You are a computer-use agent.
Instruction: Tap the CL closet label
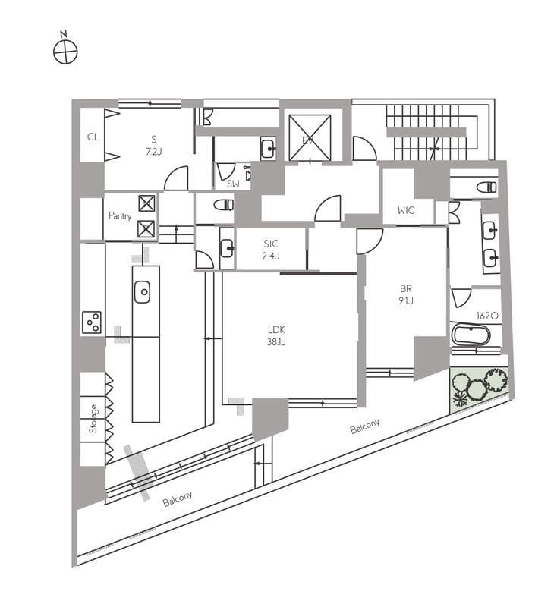pos(93,137)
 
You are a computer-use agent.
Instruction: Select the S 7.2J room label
pos(154,145)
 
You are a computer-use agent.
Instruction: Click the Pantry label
pos(120,215)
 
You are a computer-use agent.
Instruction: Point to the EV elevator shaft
pos(310,137)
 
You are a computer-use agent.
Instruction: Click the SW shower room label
pos(233,184)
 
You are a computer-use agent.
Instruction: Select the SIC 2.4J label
pos(271,250)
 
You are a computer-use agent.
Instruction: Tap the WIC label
pos(406,211)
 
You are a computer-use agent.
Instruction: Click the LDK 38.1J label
pos(276,335)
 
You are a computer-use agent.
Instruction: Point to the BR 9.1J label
pos(406,294)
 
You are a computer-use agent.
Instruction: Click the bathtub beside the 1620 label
pos(471,335)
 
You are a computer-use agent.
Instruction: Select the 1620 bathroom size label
pos(487,316)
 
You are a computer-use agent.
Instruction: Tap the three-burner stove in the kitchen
pos(92,322)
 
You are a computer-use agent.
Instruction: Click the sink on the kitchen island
pos(142,291)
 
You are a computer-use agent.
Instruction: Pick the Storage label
pos(93,419)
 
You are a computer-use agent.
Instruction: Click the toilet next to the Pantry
pos(224,204)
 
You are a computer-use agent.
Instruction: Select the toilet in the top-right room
pos(486,187)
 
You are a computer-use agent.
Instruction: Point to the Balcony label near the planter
pos(364,426)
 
